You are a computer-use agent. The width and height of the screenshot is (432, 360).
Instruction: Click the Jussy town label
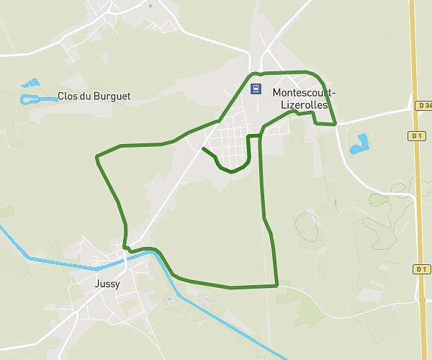[x=107, y=284]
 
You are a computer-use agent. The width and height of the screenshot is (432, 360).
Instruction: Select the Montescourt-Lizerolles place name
[x=304, y=98]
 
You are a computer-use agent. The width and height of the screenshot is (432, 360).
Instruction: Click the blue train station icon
[x=256, y=89]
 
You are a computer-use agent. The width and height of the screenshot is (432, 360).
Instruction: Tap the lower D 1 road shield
[x=421, y=269]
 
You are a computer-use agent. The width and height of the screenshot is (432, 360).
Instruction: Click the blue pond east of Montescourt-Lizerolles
[x=359, y=143]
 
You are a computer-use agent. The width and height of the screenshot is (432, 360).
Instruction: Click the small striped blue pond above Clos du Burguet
[x=31, y=84]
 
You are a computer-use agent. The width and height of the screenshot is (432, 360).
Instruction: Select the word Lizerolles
[x=304, y=104]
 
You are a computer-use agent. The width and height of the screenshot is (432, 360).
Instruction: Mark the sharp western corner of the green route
[x=96, y=156]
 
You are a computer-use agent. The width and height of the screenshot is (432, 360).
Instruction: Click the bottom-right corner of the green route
[x=277, y=286]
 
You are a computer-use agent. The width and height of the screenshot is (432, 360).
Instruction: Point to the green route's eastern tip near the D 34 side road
[x=336, y=125]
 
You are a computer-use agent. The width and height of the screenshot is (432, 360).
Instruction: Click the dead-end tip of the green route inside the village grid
[x=204, y=148]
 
